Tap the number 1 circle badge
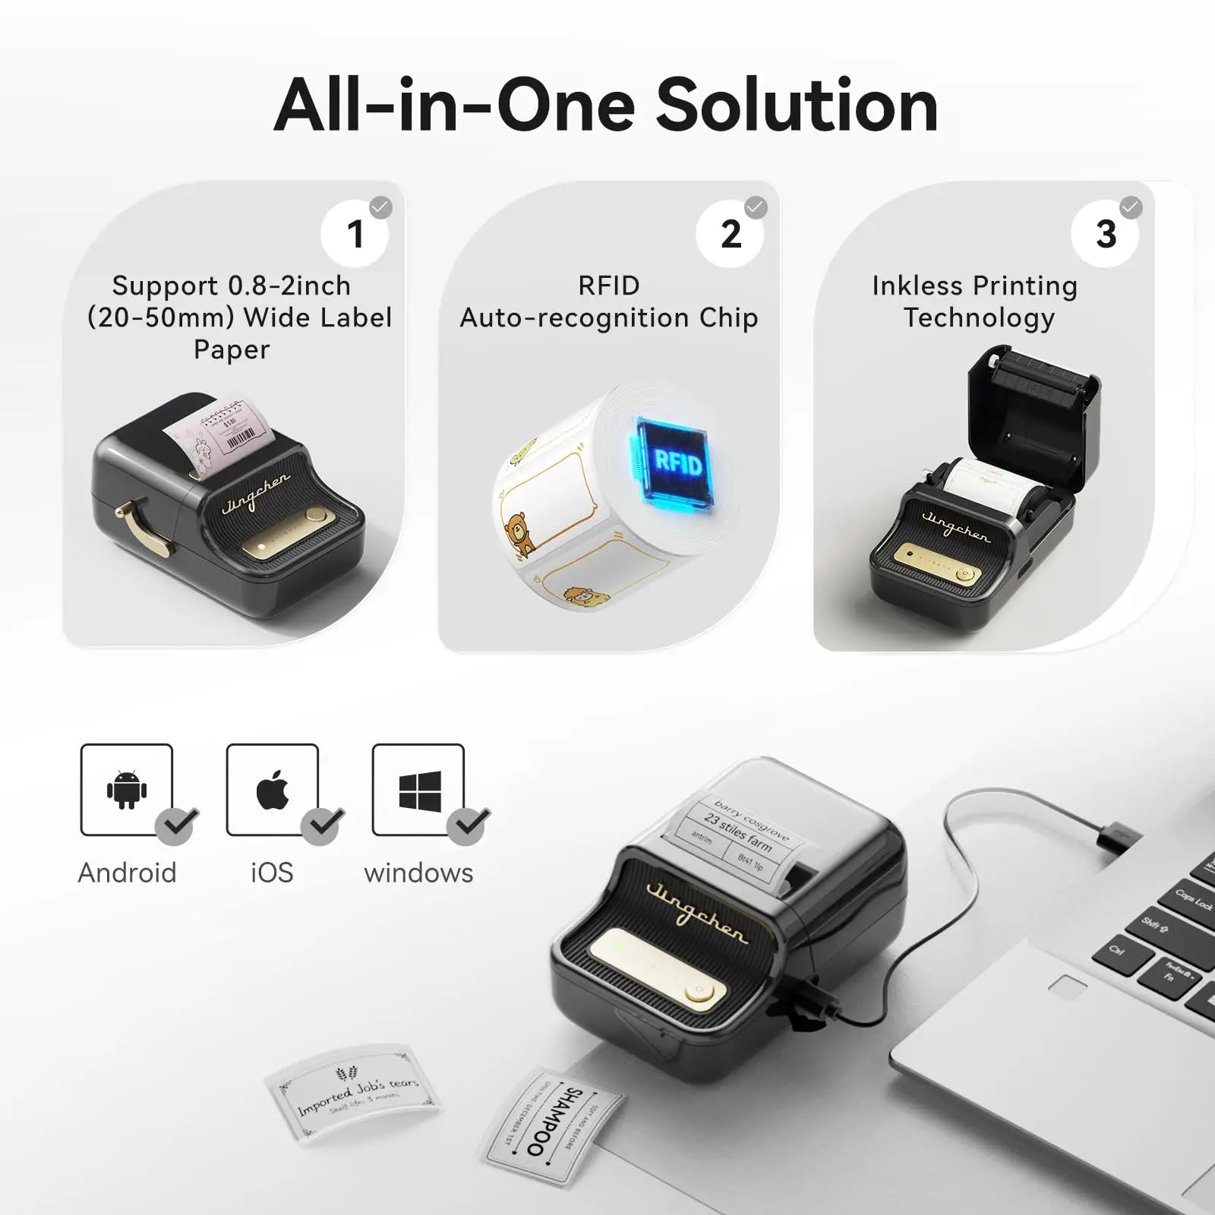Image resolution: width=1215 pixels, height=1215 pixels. pos(355,233)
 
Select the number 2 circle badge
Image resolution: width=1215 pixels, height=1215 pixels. pos(730,233)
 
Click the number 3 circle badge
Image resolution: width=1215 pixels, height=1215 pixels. pos(1105,233)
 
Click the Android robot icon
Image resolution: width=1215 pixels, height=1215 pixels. pos(126,789)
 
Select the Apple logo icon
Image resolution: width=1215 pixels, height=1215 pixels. pos(272,789)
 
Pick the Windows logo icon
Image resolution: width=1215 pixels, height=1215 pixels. pos(419,790)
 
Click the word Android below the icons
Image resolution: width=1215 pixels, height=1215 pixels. pos(127,873)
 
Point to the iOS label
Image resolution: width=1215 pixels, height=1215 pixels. pos(272,873)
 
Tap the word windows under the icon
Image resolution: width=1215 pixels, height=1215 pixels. pos(418,873)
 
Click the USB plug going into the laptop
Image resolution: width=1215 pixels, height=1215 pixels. pos(1116,836)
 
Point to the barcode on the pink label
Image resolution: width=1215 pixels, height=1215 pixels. pos(241,438)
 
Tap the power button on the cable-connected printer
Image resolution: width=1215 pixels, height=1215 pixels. pos(698,991)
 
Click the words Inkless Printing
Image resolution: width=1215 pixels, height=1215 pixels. pos(974,286)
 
